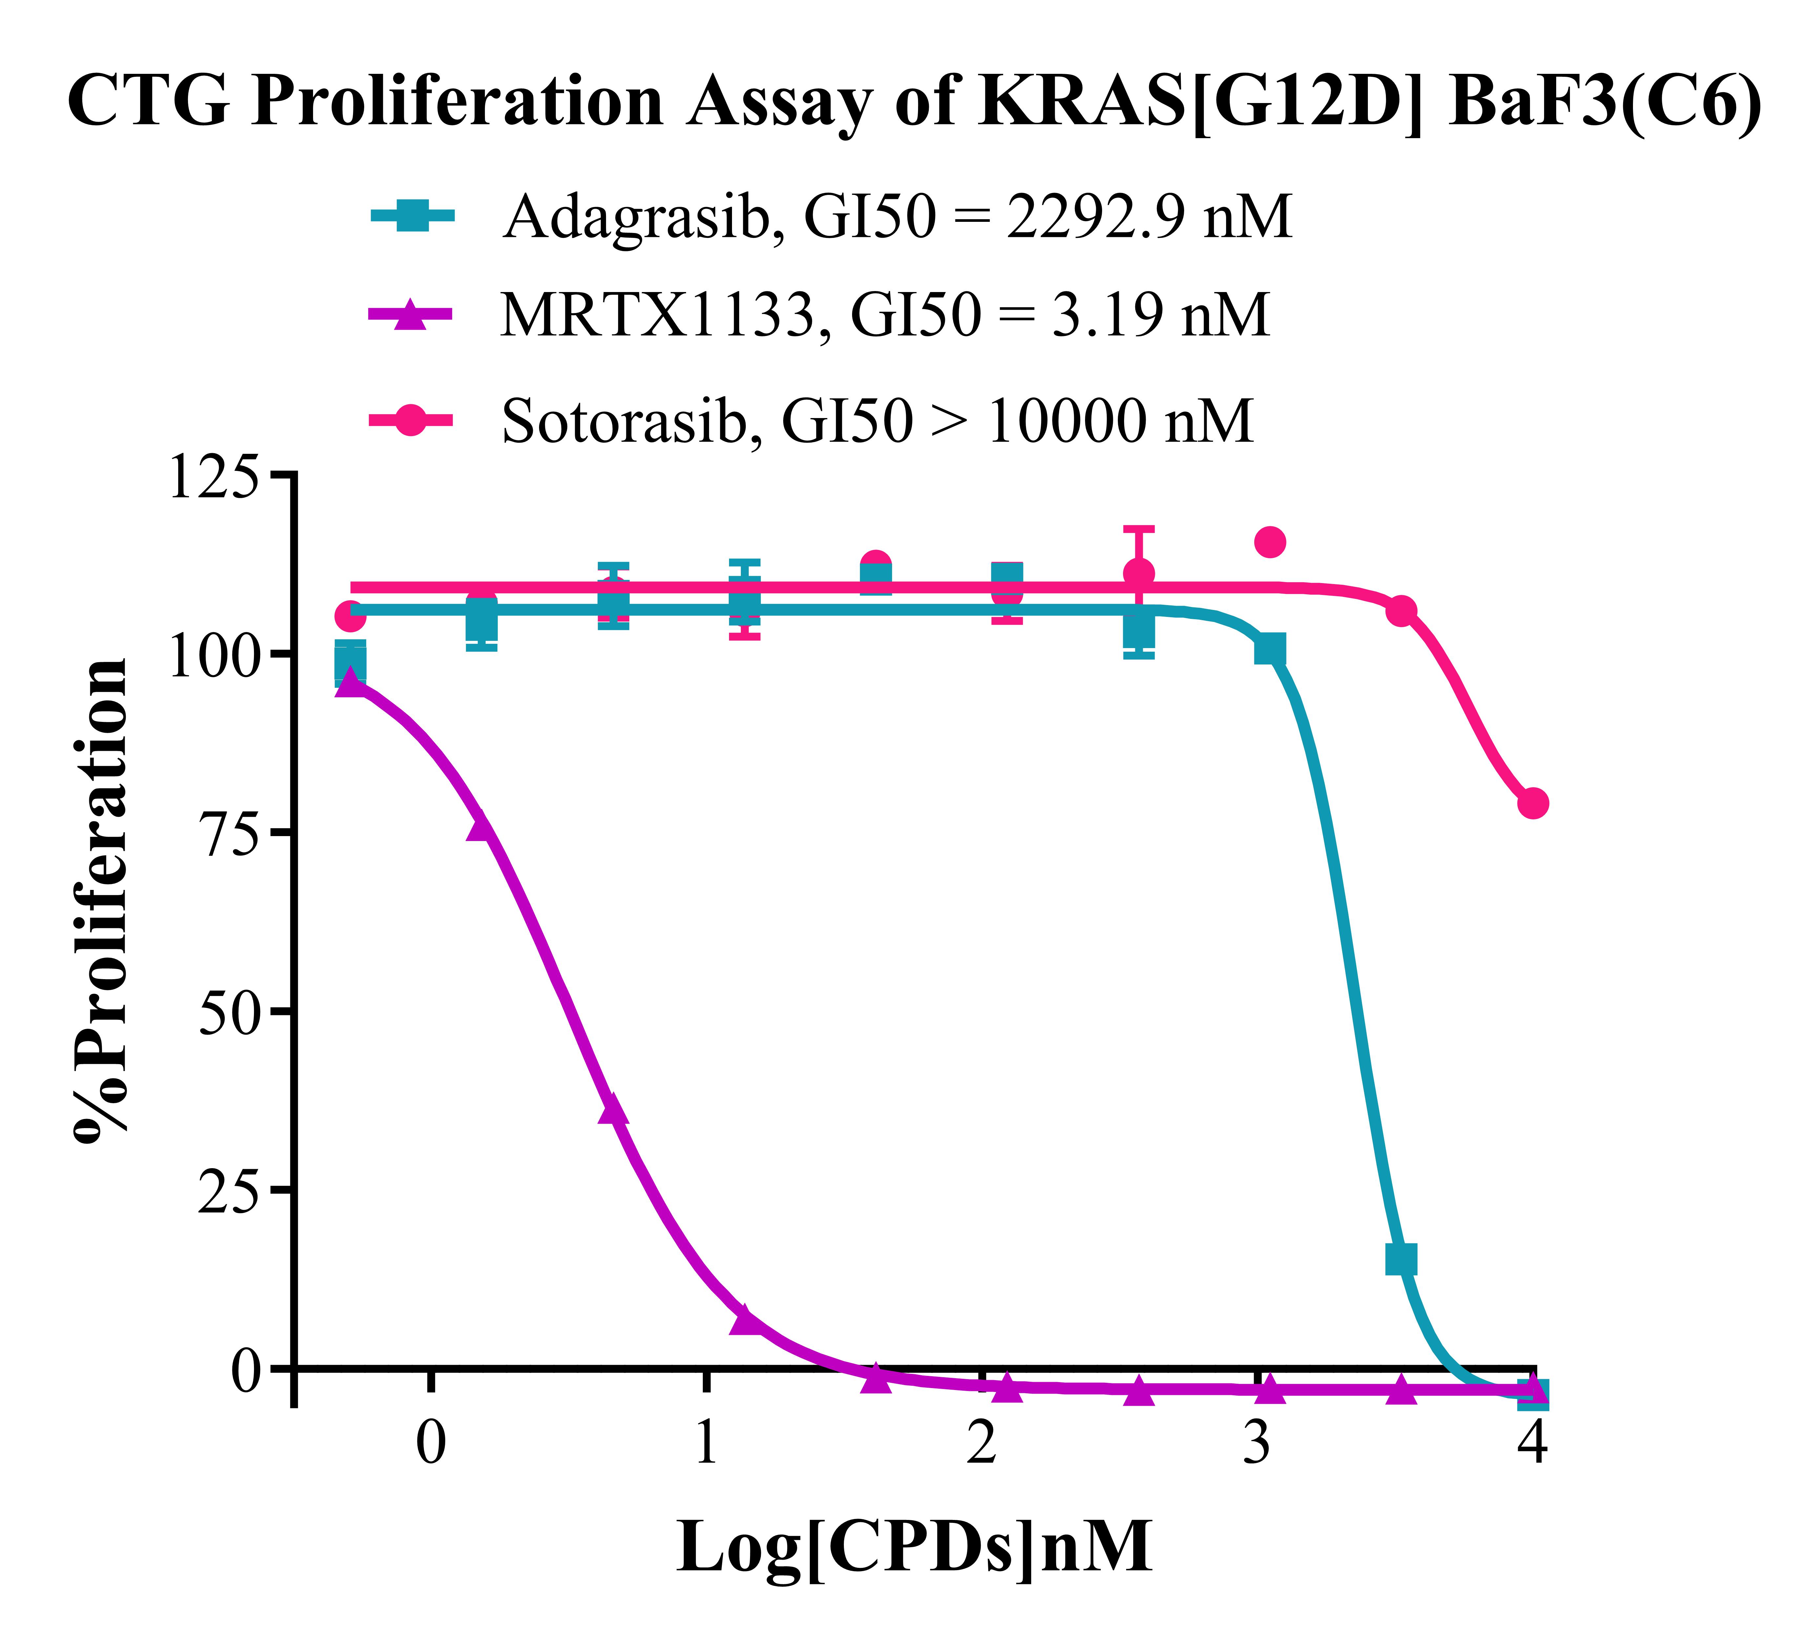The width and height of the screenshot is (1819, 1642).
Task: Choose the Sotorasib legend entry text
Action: point(877,420)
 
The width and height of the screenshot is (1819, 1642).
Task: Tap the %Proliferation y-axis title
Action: point(101,902)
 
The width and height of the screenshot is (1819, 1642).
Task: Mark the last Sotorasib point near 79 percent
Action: point(1533,803)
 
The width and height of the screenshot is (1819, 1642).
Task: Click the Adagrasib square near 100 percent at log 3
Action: point(1269,650)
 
